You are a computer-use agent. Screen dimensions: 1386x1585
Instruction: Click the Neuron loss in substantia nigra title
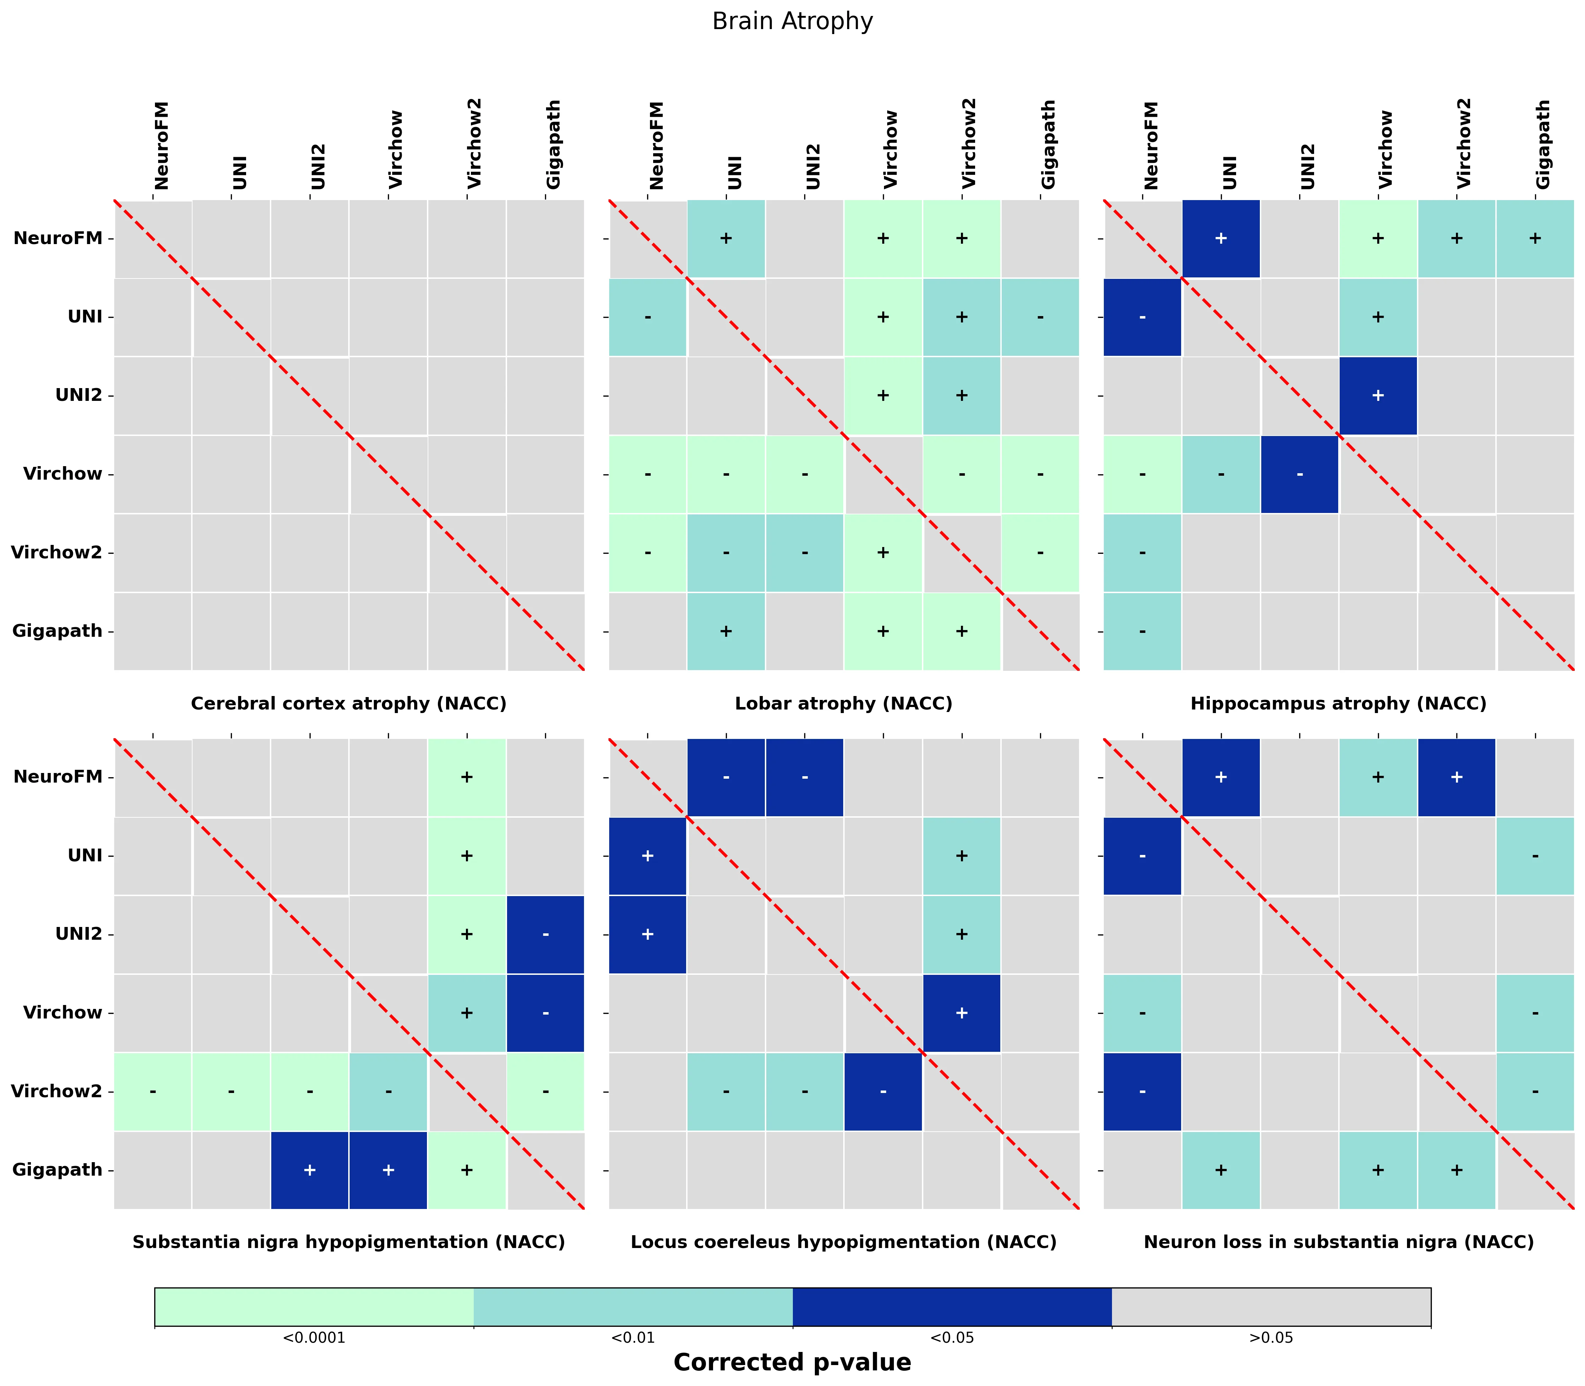pos(1338,1242)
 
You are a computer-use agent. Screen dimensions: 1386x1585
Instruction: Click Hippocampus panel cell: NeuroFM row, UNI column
pos(1221,238)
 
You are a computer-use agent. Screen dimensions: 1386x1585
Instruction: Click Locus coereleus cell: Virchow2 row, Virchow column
pos(883,1091)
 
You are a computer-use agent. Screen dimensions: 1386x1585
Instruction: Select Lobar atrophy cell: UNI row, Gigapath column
pos(1040,317)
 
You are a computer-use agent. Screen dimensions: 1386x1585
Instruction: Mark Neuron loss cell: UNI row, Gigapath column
pos(1535,856)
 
